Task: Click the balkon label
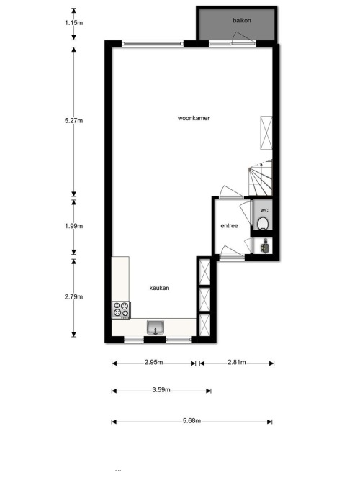click(x=242, y=21)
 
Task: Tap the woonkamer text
click(x=194, y=118)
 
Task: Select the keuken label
click(x=159, y=288)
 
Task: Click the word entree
click(x=229, y=226)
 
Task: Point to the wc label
click(x=264, y=210)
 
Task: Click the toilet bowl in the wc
click(x=263, y=223)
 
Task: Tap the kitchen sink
click(x=156, y=327)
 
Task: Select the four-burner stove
click(x=121, y=309)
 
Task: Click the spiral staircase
click(x=261, y=178)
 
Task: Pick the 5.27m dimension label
click(x=74, y=120)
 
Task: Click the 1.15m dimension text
click(x=74, y=22)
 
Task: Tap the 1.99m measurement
click(x=74, y=226)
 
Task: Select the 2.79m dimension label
click(x=74, y=296)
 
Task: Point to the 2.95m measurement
click(x=154, y=362)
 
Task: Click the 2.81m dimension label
click(x=237, y=362)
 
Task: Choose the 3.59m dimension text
click(x=161, y=390)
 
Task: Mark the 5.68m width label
click(x=192, y=420)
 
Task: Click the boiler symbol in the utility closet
click(x=265, y=246)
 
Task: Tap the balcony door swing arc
click(x=242, y=37)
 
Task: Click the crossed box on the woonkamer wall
click(x=266, y=132)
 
